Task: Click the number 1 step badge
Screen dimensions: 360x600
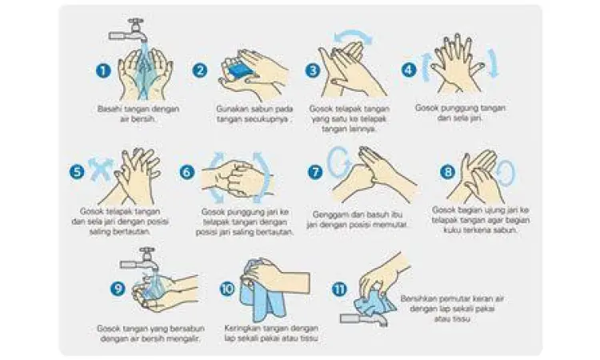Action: [102, 70]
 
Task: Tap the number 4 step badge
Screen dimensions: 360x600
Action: [408, 70]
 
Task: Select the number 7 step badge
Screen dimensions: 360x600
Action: [314, 171]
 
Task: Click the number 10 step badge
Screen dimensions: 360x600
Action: [227, 287]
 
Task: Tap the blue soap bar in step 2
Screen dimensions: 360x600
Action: [238, 70]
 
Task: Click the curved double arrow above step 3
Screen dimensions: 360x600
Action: [353, 34]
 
